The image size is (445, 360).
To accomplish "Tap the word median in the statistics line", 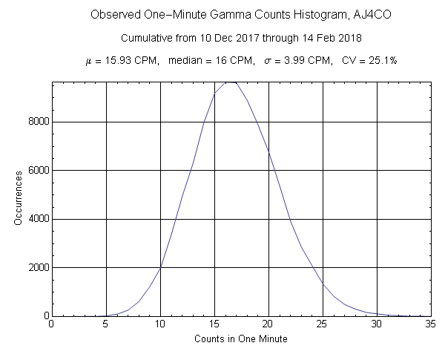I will coord(188,60).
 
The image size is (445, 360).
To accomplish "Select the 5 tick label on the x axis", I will coord(105,324).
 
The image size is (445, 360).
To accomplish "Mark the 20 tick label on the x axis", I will coord(268,324).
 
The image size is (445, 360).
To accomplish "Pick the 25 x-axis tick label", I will coord(322,324).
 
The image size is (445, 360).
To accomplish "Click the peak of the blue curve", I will coord(230,82).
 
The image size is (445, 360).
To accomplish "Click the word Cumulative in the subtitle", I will coord(147,37).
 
